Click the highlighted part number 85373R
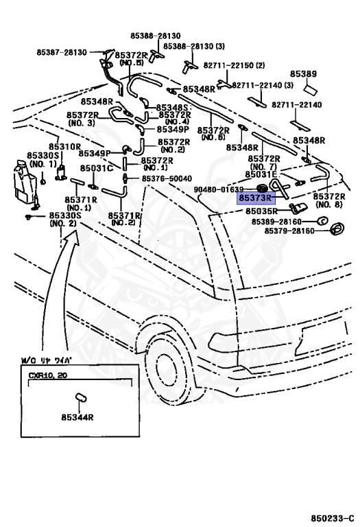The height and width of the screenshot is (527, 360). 255,198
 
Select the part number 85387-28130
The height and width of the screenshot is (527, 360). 62,52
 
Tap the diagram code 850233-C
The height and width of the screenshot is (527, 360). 332,518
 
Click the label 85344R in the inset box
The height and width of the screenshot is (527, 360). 77,417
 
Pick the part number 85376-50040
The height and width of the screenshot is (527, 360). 167,178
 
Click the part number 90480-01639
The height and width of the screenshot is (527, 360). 219,189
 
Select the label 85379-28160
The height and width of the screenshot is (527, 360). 289,231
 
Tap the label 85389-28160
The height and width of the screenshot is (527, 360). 277,222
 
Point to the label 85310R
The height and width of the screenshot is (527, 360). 65,147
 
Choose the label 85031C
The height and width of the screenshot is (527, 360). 97,168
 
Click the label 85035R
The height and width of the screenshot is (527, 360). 262,211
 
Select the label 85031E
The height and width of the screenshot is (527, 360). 262,174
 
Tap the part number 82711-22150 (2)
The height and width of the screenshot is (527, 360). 234,65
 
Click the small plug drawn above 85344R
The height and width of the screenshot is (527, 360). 81,397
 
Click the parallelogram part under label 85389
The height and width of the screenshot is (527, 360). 311,90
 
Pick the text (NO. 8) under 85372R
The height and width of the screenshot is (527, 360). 329,204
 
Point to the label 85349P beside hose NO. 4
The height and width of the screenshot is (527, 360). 173,130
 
